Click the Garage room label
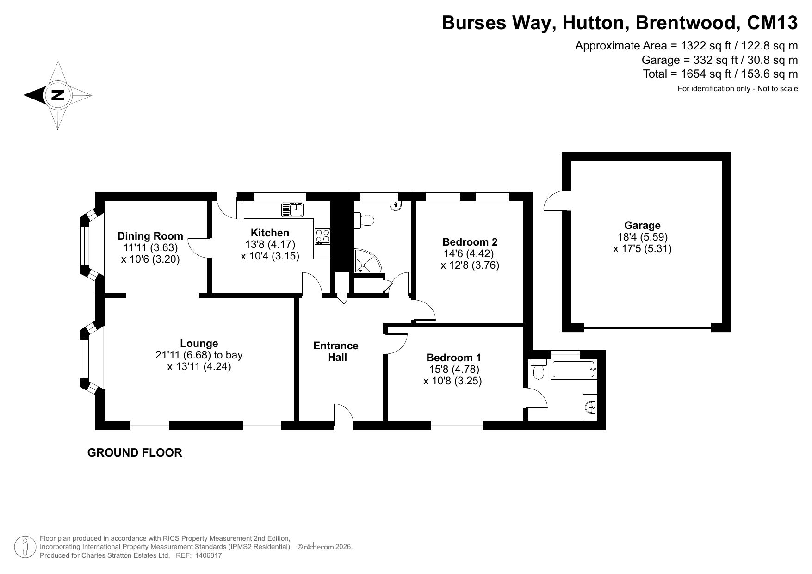pos(642,225)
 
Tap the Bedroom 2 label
pos(470,242)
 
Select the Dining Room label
pos(150,236)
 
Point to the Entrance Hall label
pos(336,352)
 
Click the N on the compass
pos(57,95)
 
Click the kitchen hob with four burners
pos(322,236)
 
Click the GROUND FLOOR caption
pos(135,453)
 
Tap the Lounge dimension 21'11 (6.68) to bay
pos(199,355)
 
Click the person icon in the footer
pos(25,547)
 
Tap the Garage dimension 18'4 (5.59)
pos(642,237)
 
